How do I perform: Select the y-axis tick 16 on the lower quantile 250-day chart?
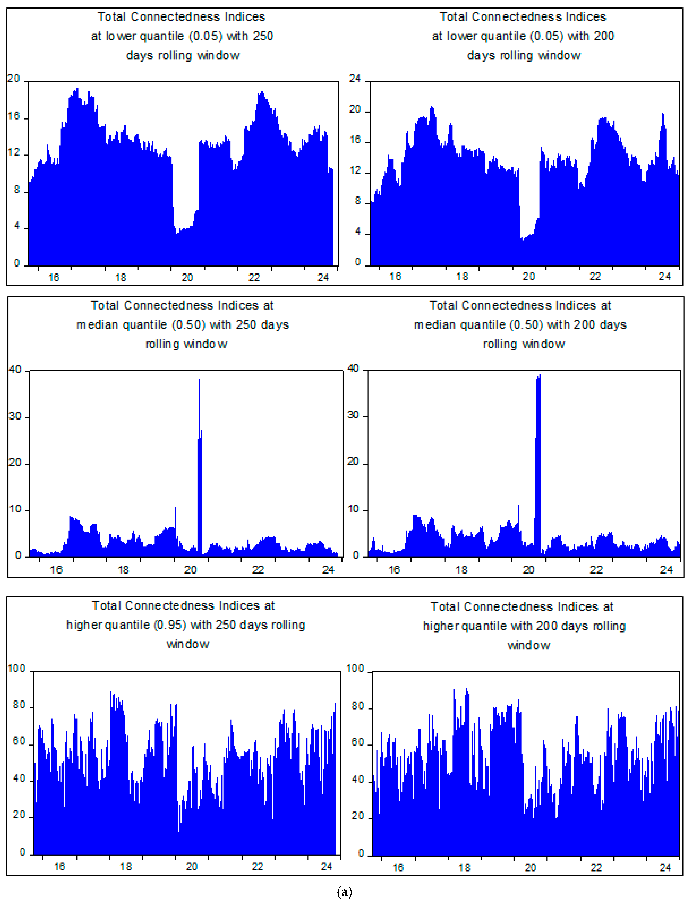(14, 116)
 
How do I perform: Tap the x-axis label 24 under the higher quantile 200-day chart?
(665, 868)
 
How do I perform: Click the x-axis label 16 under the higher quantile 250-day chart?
(59, 866)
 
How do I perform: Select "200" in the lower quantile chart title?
(604, 36)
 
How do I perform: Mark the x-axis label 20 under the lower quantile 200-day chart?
(529, 277)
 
